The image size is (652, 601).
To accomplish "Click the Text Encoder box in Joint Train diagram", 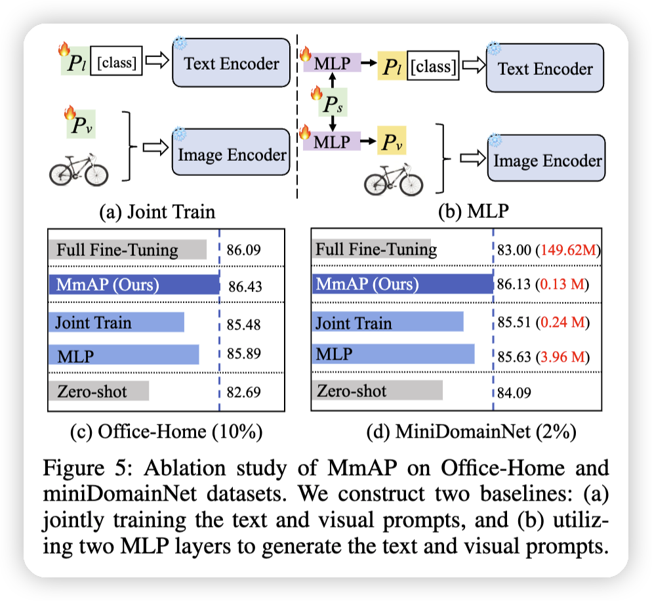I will click(x=231, y=64).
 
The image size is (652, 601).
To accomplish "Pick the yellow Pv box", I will click(x=392, y=140).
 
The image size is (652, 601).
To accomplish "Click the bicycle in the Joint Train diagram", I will click(x=79, y=167).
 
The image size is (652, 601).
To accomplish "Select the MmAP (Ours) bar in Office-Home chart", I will click(x=133, y=285).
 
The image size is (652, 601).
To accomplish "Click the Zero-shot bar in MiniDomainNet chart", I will click(x=377, y=392).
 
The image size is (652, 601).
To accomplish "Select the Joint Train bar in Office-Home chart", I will click(x=116, y=322).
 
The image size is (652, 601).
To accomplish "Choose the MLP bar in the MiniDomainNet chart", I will click(x=392, y=355).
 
